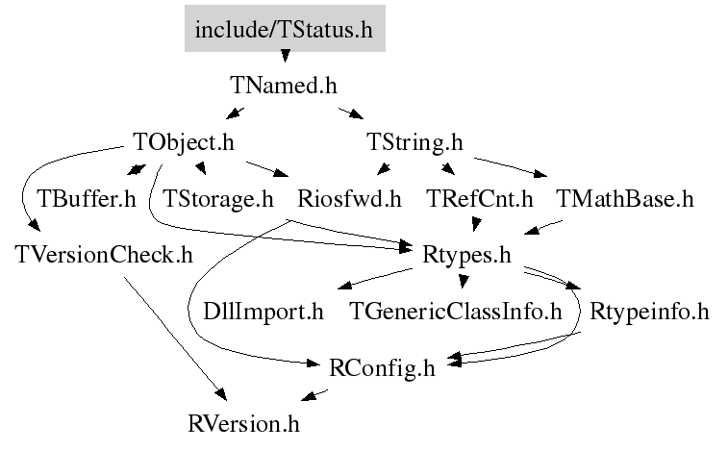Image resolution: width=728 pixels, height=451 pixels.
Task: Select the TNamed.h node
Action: [284, 85]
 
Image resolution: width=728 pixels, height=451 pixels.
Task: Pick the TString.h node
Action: [415, 143]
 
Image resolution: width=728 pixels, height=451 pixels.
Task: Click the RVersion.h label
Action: [250, 422]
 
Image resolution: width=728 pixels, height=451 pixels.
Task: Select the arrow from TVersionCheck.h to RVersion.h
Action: [173, 337]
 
